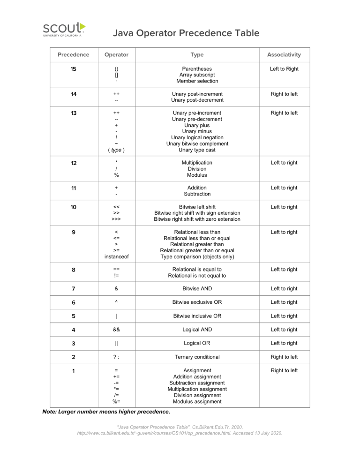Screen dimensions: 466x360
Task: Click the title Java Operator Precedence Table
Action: point(186,33)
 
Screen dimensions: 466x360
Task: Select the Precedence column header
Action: point(73,55)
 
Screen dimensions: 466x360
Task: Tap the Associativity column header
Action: point(284,55)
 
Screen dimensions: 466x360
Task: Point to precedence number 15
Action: point(73,69)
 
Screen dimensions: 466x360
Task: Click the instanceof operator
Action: point(116,256)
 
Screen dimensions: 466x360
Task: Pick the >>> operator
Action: point(116,219)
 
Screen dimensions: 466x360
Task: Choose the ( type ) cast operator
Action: point(116,150)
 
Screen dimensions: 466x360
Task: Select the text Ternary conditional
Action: point(197,357)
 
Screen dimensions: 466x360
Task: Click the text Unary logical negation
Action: point(197,137)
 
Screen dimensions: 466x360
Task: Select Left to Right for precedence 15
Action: point(284,69)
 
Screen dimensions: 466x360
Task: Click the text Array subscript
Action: point(197,75)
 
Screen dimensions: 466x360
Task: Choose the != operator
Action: point(116,276)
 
